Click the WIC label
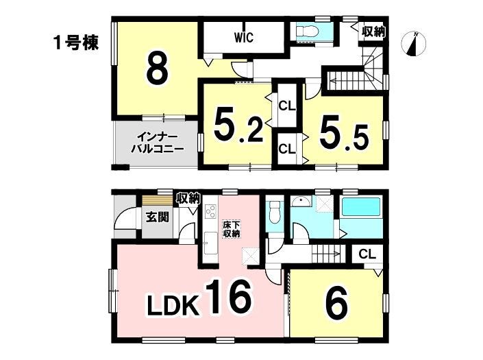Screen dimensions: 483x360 (x=244, y=38)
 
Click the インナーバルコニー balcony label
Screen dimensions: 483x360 (x=158, y=143)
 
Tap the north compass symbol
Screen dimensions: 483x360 (x=414, y=44)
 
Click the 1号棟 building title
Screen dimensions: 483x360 (x=76, y=43)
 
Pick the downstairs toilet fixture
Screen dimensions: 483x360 (x=274, y=213)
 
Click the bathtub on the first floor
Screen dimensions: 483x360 (x=361, y=208)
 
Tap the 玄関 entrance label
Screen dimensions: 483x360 (x=158, y=217)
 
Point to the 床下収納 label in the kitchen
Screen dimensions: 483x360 (x=231, y=228)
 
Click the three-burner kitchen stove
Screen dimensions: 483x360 (x=211, y=211)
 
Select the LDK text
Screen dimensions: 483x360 (x=173, y=304)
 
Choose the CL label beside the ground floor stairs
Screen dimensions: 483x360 (x=367, y=254)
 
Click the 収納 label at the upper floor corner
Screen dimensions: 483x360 (x=374, y=32)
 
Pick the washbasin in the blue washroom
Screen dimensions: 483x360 (x=300, y=201)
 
